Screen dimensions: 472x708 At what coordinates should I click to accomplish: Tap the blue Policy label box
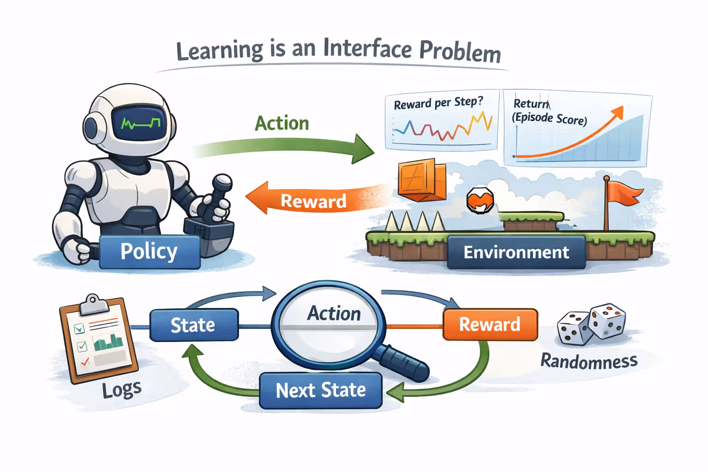click(149, 252)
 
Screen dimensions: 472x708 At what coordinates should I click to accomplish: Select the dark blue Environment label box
click(516, 252)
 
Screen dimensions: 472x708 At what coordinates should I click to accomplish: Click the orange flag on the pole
click(623, 193)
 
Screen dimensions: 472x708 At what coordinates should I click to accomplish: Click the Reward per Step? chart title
click(438, 102)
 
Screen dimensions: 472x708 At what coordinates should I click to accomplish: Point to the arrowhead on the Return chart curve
click(617, 112)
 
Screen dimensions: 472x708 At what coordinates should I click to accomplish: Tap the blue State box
click(194, 325)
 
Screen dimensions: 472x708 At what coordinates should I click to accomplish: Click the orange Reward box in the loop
click(490, 324)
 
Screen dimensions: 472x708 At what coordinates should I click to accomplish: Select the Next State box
click(321, 390)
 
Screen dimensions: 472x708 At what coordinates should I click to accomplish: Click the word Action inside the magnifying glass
click(334, 313)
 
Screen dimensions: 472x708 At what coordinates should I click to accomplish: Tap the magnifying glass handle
click(404, 362)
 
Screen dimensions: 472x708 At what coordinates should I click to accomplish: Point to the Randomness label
click(589, 361)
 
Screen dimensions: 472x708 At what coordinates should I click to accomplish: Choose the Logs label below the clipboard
click(122, 390)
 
